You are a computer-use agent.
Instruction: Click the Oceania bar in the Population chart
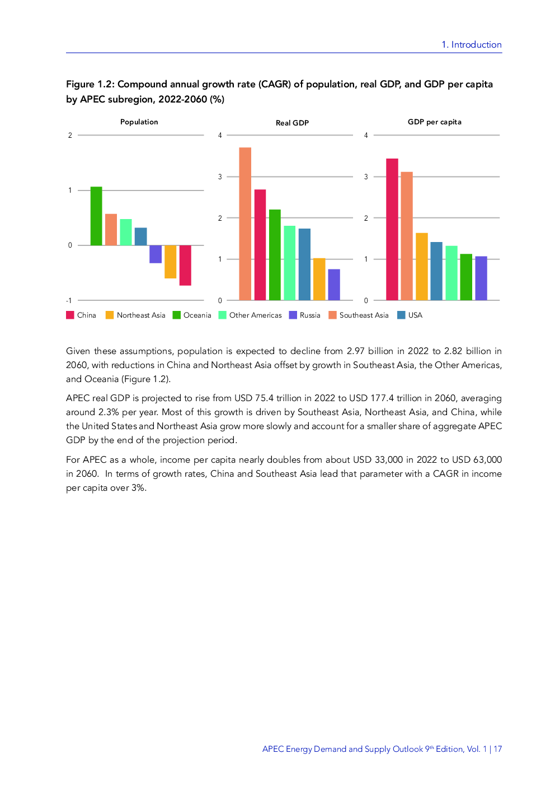[96, 216]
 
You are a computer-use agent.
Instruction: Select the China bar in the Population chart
[185, 265]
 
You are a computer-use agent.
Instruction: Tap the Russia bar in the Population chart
[156, 254]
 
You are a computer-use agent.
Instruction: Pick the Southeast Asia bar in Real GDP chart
[245, 224]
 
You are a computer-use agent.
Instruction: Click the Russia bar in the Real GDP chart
[334, 285]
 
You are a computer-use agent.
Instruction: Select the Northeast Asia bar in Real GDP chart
[319, 279]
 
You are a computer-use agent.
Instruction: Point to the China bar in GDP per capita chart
[392, 229]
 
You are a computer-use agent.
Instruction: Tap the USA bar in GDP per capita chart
[436, 271]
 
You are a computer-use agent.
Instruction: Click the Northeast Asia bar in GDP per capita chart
[422, 266]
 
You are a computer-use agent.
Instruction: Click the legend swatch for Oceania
[177, 315]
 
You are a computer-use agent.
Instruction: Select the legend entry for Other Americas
[255, 315]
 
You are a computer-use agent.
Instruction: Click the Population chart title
[139, 122]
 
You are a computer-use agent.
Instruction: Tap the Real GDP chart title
[292, 123]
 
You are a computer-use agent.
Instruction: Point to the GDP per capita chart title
[435, 122]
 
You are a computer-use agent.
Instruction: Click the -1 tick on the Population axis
[69, 301]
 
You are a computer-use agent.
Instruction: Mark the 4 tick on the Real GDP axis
[220, 136]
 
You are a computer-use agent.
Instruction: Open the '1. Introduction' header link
[471, 45]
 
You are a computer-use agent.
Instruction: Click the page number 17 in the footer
[497, 749]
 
